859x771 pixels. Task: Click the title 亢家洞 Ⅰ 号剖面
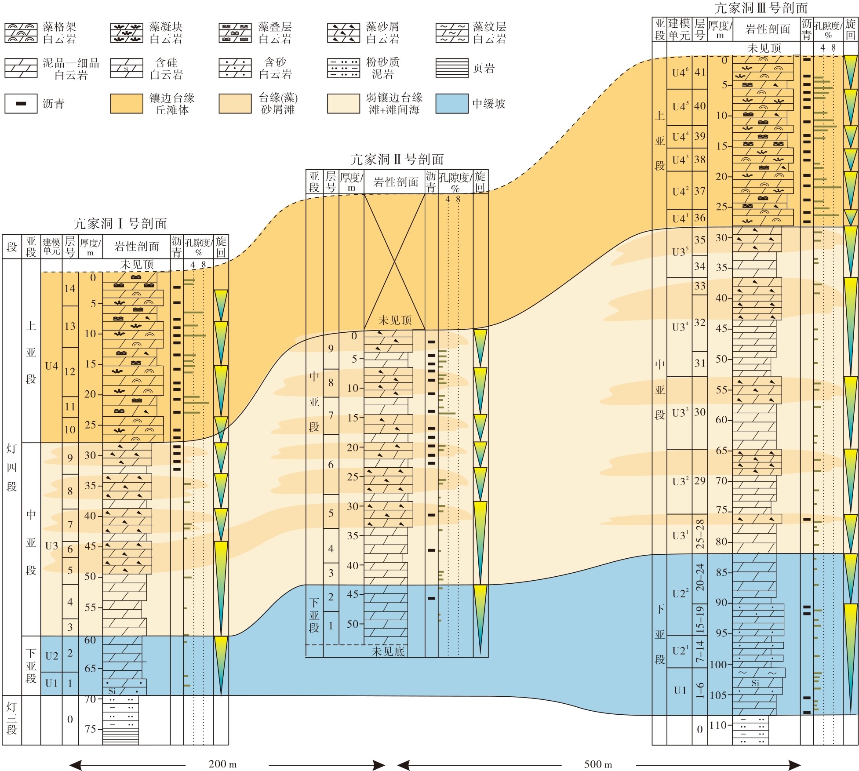point(120,224)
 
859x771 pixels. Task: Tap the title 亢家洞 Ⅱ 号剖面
point(397,159)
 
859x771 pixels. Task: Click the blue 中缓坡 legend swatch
point(452,104)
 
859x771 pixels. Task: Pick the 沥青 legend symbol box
point(21,104)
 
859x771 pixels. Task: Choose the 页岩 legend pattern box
point(452,68)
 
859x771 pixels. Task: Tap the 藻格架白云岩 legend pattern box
point(21,33)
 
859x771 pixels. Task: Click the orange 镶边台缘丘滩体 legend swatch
point(127,104)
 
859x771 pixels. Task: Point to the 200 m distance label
point(222,764)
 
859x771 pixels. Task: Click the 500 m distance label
point(598,764)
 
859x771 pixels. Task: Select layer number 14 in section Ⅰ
point(70,289)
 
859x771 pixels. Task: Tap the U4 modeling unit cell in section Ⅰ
point(51,366)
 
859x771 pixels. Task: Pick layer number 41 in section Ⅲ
point(700,72)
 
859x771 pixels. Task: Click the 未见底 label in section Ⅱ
point(388,651)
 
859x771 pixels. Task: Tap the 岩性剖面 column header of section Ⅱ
point(396,182)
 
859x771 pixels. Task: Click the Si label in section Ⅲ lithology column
point(755,683)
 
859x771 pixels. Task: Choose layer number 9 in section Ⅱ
point(331,349)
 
